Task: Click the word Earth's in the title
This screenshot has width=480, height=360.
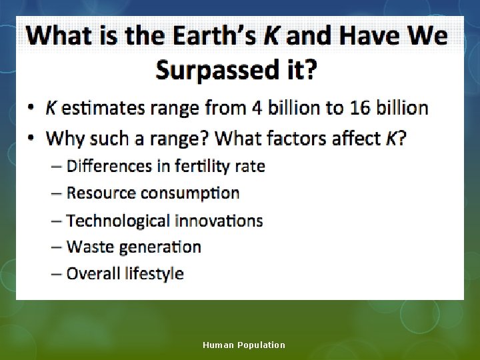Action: (213, 36)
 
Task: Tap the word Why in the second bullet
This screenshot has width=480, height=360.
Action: (65, 139)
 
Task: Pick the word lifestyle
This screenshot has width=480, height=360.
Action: (154, 273)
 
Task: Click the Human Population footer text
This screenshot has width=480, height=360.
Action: (244, 345)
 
